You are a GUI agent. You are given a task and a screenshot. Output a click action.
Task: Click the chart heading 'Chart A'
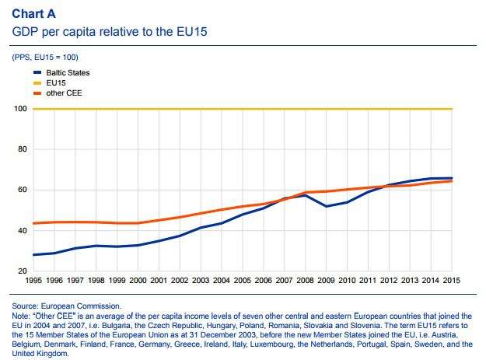click(33, 14)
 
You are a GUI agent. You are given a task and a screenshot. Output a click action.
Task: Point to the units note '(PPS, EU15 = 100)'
click(45, 58)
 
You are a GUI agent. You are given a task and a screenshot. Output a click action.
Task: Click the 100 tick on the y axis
click(21, 109)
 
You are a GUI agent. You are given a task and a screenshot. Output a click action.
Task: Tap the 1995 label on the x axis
click(33, 280)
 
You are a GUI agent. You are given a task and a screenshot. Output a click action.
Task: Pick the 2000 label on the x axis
click(138, 280)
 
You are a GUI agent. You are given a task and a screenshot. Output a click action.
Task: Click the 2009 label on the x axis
click(326, 280)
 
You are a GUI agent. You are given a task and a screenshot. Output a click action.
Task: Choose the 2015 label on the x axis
click(451, 280)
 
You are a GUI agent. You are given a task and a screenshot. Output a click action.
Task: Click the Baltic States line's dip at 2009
click(326, 206)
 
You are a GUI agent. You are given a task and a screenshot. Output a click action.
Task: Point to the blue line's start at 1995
click(33, 254)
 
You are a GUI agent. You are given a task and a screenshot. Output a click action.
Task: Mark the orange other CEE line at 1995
click(33, 223)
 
